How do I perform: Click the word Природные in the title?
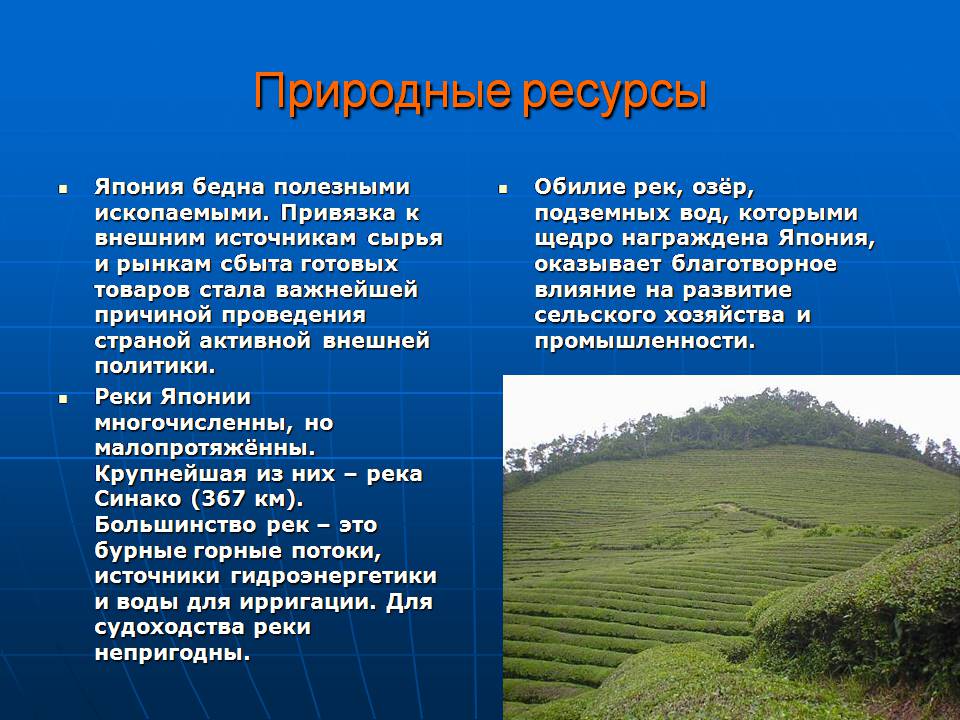(x=382, y=92)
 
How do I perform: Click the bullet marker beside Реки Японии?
(x=62, y=399)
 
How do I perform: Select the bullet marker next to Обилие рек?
(x=503, y=189)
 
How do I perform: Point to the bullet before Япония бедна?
(x=62, y=189)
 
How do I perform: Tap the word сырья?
(x=405, y=239)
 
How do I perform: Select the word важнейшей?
(x=347, y=290)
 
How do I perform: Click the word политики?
(x=155, y=366)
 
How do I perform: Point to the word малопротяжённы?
(x=204, y=448)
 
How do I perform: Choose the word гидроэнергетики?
(x=334, y=576)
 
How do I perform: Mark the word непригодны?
(x=172, y=653)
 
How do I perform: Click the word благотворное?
(x=754, y=264)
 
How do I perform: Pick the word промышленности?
(x=645, y=341)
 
